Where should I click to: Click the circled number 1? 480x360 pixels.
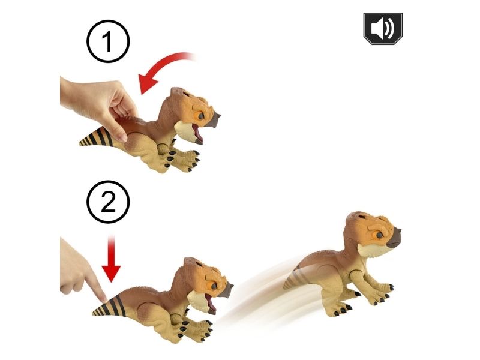[x=108, y=41]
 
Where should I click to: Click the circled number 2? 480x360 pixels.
[x=108, y=202]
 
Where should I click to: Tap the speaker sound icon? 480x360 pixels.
[x=383, y=29]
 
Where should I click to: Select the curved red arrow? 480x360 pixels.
[x=162, y=69]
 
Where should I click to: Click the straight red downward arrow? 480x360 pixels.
[x=111, y=258]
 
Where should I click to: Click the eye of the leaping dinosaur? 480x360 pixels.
[x=379, y=235]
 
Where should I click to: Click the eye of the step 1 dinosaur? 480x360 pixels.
[x=200, y=116]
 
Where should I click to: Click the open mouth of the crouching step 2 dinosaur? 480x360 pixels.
[x=210, y=303]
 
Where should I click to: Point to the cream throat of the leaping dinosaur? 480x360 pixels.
[x=371, y=250]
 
